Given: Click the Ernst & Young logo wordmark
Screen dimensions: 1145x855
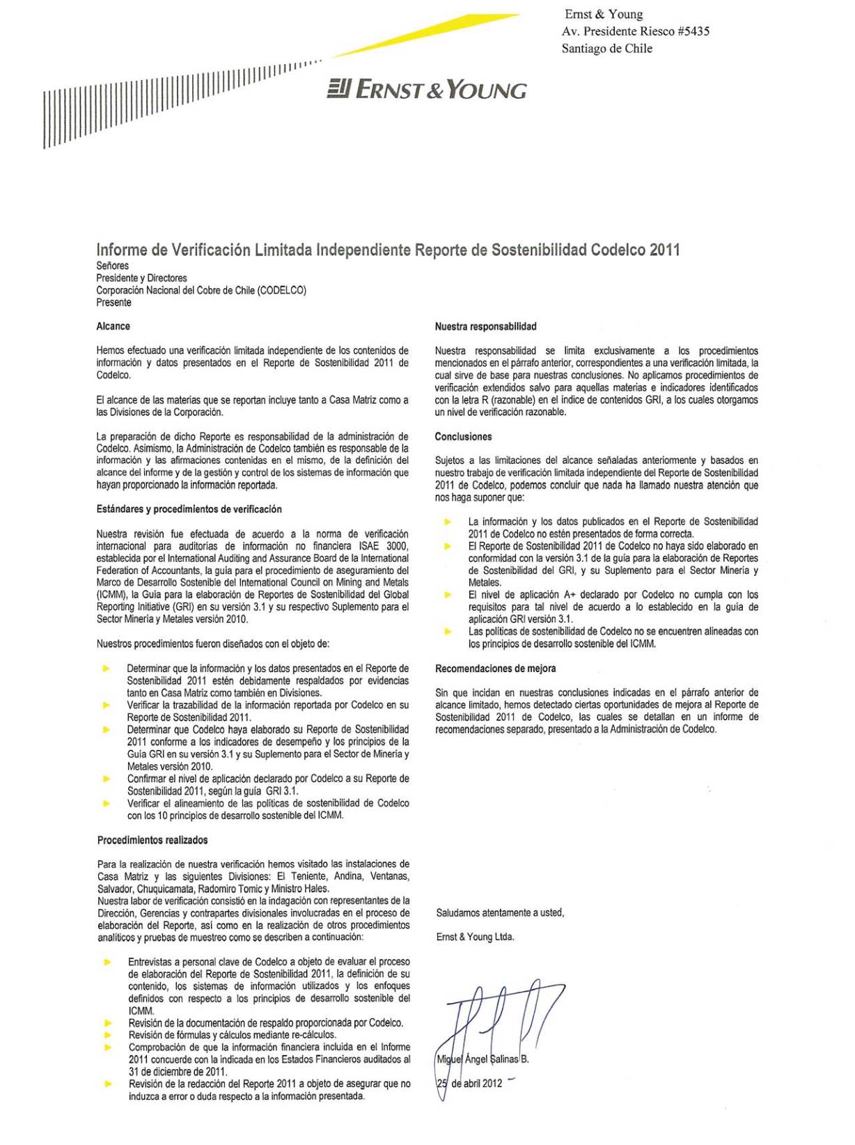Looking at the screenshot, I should (427, 90).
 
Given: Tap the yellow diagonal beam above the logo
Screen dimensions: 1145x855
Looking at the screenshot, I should (425, 35).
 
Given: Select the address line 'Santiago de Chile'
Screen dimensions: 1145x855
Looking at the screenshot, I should (606, 49).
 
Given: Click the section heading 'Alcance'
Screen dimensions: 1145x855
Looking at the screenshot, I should (113, 326).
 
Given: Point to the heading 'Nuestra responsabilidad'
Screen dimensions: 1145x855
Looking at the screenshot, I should (485, 326).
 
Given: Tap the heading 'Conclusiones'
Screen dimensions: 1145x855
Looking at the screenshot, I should (463, 437).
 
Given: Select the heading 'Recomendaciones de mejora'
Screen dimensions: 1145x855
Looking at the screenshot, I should (495, 669).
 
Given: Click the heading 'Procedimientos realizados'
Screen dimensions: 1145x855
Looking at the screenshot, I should (152, 840).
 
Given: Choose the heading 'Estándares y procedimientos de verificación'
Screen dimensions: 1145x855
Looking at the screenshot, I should (189, 509).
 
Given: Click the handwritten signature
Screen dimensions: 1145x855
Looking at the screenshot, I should (501, 1017).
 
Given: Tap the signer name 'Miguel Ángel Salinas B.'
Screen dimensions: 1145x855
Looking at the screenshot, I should (482, 1059).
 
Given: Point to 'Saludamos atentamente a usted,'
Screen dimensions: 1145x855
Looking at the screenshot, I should (500, 912).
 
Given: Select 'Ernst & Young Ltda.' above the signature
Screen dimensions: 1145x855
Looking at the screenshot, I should (475, 937).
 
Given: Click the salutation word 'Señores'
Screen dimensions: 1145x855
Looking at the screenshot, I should (112, 265).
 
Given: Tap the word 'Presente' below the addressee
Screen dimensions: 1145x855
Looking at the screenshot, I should (113, 302).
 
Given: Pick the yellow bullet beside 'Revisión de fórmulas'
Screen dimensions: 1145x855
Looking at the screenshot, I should (108, 1035).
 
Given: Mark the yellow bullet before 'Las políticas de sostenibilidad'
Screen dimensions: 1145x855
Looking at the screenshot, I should (448, 631).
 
